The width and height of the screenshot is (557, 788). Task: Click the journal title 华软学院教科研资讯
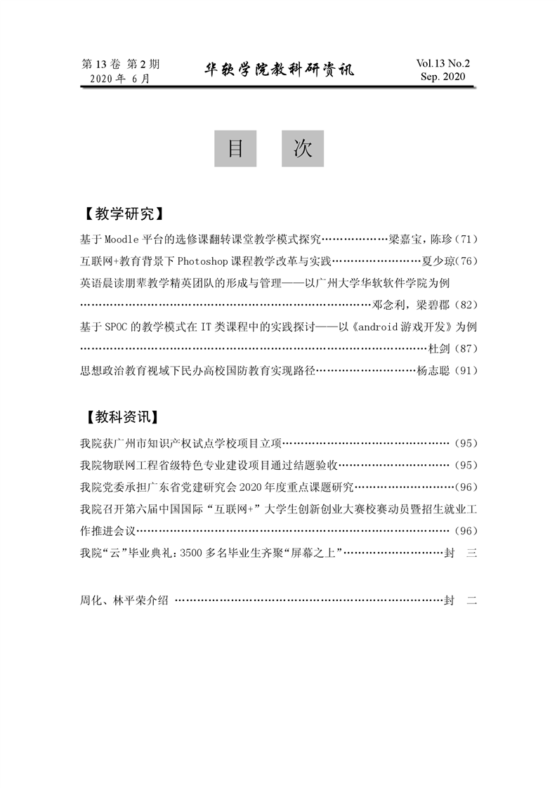279,70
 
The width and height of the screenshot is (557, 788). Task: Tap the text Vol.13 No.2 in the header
443,63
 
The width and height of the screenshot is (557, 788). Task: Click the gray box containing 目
235,149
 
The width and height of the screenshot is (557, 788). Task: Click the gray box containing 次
303,149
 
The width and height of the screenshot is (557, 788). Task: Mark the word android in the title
380,327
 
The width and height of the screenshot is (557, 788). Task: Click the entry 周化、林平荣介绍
125,600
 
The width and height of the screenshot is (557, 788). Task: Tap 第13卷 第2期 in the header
121,64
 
